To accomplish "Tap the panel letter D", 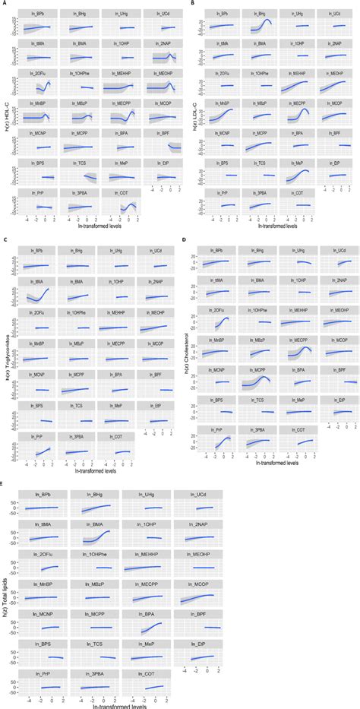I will point(183,241).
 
